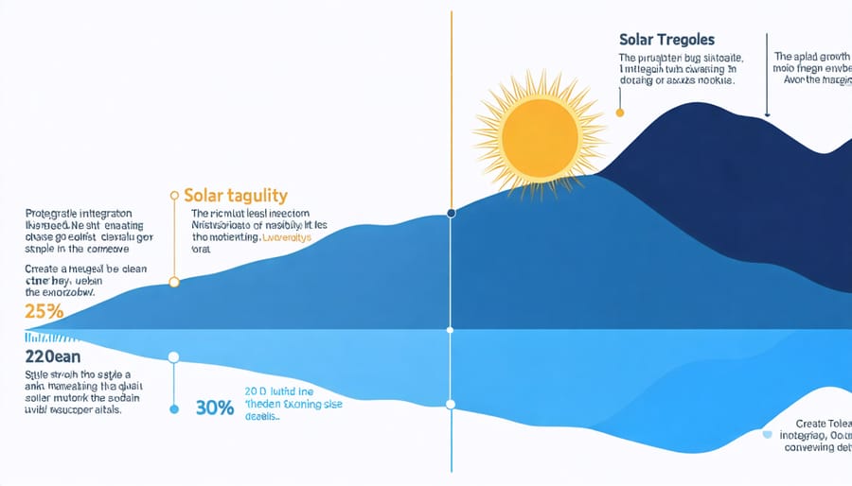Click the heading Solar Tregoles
click(666, 41)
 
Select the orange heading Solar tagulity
click(235, 196)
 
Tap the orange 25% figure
click(46, 310)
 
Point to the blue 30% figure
click(216, 409)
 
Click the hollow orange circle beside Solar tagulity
click(173, 196)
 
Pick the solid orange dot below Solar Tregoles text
click(620, 112)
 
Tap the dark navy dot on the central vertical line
click(451, 214)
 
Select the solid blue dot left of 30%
click(173, 409)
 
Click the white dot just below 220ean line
click(173, 358)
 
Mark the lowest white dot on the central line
click(451, 405)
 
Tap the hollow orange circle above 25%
click(173, 282)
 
